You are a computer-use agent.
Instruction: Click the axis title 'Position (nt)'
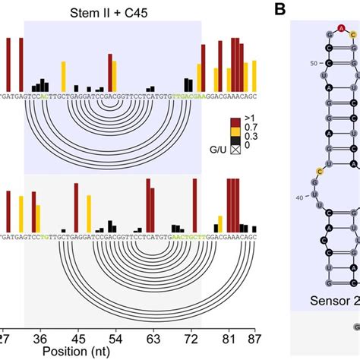[74, 352]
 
